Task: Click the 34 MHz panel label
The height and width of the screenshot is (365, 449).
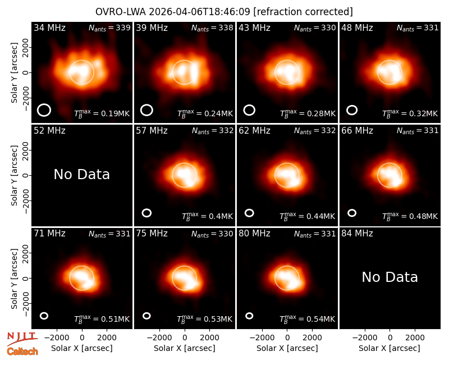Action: [x=49, y=28]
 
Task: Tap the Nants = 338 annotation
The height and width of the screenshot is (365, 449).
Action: [x=212, y=28]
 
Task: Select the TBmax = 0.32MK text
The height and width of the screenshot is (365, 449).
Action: [x=410, y=113]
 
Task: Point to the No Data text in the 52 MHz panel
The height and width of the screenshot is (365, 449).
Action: [x=81, y=174]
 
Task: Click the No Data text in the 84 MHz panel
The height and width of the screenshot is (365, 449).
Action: [x=390, y=277]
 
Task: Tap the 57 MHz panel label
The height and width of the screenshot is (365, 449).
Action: [x=152, y=131]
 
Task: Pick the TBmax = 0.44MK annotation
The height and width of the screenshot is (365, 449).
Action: [x=307, y=216]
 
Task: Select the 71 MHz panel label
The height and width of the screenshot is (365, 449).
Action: [x=49, y=234]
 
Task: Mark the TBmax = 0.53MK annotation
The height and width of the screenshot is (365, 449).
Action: [x=204, y=319]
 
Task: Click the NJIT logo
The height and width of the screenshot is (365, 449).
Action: [x=22, y=338]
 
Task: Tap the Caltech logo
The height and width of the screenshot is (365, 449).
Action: [x=22, y=352]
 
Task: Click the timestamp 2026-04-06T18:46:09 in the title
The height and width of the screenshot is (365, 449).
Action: [x=199, y=12]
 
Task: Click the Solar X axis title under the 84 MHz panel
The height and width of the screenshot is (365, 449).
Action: [x=390, y=348]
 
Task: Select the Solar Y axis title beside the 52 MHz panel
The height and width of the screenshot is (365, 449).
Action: [x=14, y=175]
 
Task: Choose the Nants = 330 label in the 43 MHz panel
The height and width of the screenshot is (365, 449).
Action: [x=315, y=28]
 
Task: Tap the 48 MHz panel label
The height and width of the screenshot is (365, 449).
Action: [x=357, y=28]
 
